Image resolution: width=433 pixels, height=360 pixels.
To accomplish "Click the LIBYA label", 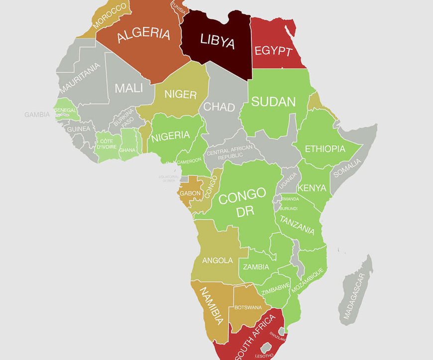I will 217,41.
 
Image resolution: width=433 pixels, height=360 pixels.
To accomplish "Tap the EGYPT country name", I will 273,51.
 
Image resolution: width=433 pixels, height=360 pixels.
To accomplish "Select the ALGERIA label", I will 143,35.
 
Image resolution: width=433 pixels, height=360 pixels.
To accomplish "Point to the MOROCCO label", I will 110,16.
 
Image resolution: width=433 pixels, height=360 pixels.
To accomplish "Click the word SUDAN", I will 273,102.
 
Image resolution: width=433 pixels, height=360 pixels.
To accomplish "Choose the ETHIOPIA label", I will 325,149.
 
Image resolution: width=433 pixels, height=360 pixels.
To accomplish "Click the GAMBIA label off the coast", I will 37,115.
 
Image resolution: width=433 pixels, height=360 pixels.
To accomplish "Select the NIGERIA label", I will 171,135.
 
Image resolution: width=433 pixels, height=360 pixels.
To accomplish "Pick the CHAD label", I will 219,107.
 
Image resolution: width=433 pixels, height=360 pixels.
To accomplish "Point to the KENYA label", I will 312,188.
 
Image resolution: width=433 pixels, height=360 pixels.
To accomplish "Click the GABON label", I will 190,193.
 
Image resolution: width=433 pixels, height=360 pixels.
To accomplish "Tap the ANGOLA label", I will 217,260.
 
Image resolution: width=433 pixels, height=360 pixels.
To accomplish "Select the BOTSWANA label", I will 247,307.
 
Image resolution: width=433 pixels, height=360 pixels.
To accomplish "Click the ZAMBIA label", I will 256,267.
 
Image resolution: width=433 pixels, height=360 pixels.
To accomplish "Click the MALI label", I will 128,88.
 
